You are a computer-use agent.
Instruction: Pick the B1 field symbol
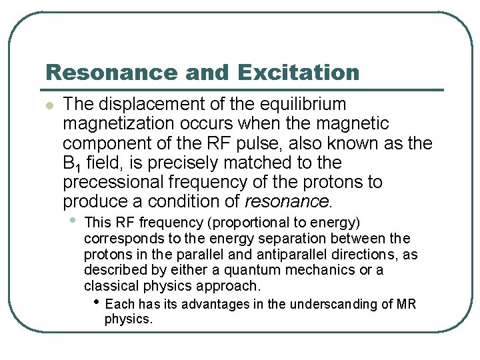click(x=71, y=163)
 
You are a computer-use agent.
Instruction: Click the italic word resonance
click(x=287, y=201)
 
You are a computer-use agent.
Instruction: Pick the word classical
click(x=109, y=286)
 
